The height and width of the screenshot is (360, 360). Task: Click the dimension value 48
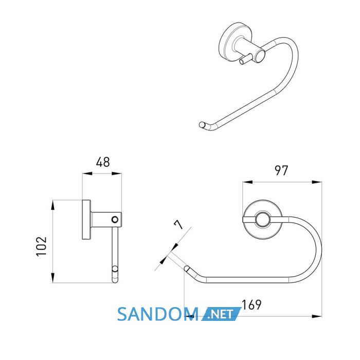pos(103,162)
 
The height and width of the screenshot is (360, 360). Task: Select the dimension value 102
pos(42,246)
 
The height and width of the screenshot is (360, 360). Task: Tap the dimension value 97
pos(281,171)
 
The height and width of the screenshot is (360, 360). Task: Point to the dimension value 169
pos(251,304)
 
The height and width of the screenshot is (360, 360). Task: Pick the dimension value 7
pos(179,224)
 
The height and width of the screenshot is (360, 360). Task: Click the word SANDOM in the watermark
pos(158,314)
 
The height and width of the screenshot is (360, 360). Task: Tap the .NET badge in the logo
pos(221,314)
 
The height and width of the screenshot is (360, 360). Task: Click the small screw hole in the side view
pos(115,220)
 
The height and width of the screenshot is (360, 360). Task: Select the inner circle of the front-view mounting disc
pos(262,220)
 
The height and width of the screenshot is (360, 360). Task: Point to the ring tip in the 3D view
pos(202,125)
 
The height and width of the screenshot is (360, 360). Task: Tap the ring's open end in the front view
pos(187,268)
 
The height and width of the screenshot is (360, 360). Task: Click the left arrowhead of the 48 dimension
pos(87,174)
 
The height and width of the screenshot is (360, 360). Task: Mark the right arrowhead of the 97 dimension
pos(317,182)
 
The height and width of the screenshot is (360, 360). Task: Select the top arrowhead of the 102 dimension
pos(53,205)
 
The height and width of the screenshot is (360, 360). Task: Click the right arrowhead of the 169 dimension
pos(317,316)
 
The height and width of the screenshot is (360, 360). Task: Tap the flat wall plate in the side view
pos(86,220)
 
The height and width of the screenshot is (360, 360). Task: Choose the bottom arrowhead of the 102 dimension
pos(53,278)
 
